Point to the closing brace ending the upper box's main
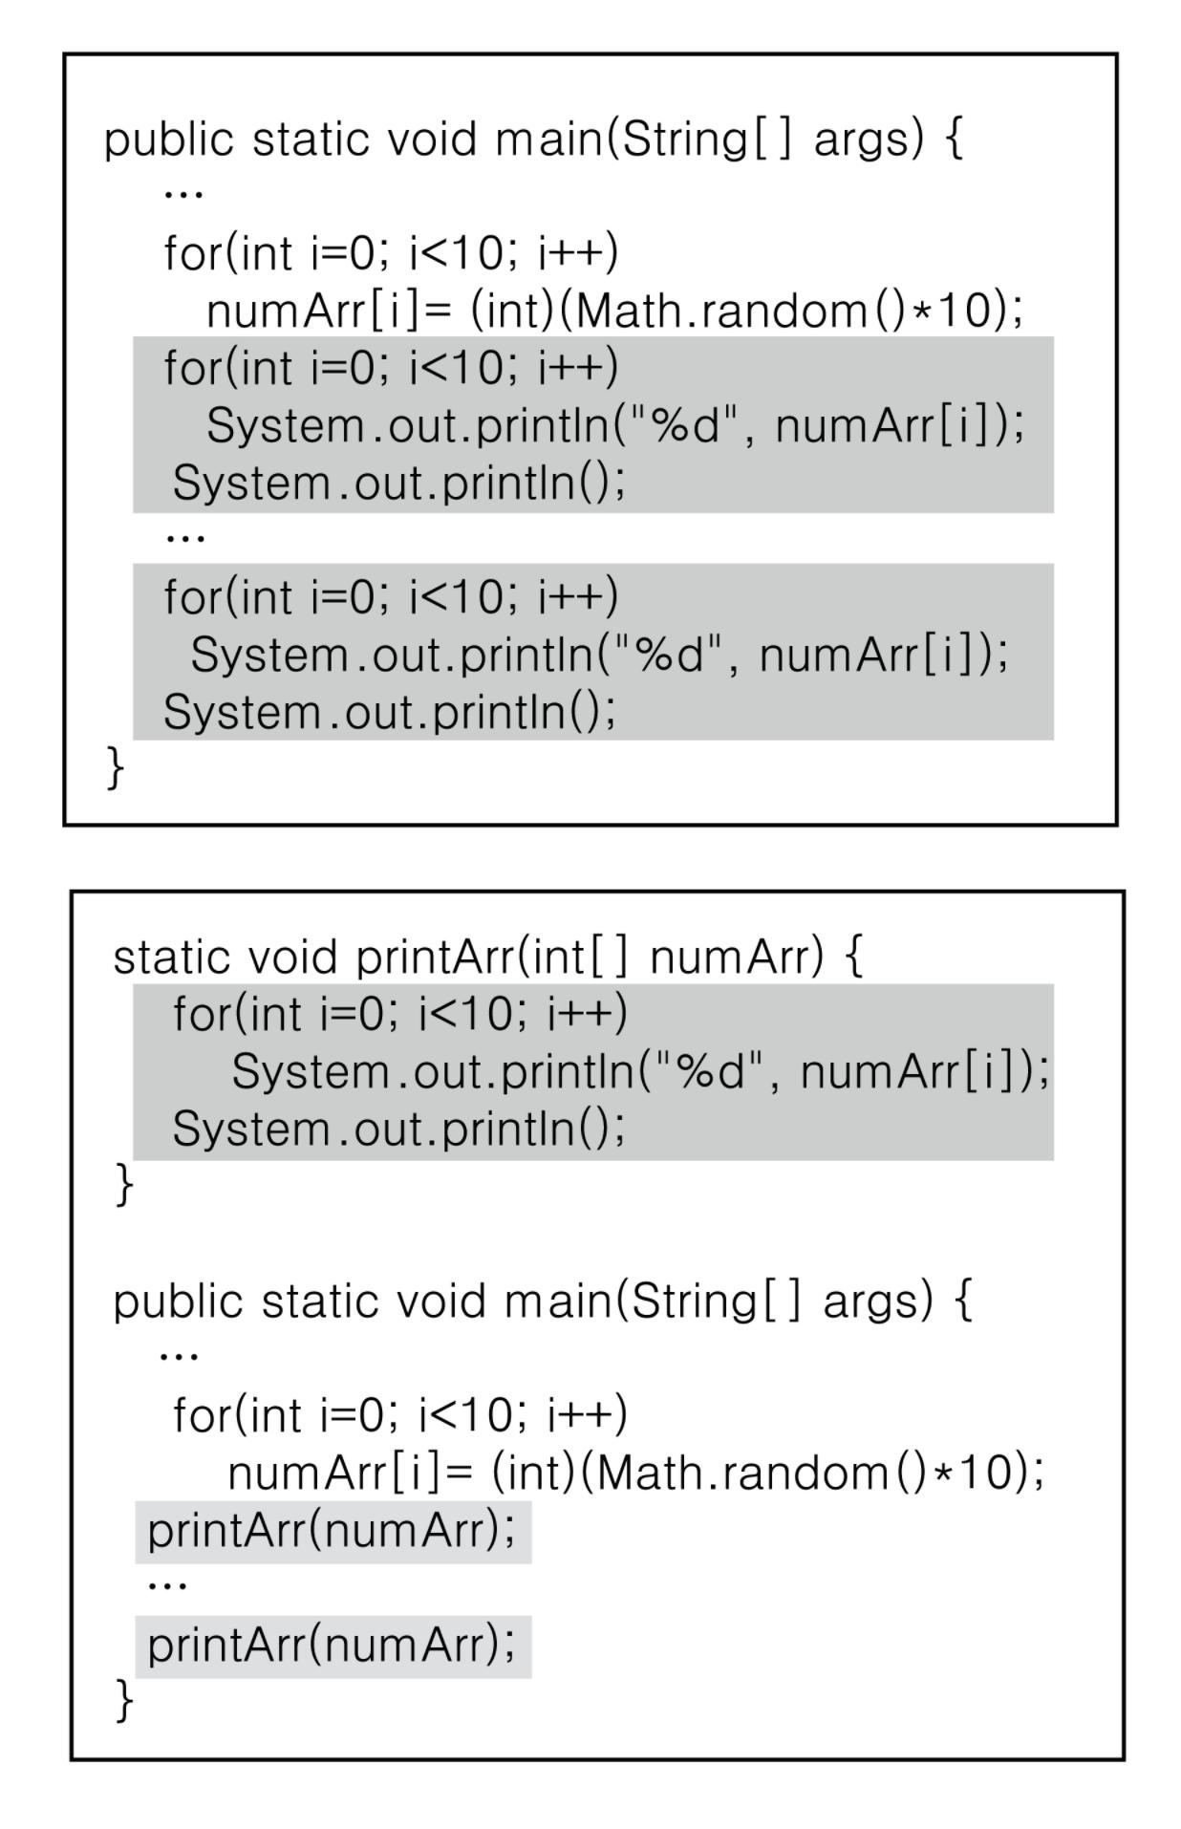click(115, 767)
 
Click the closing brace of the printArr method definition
click(124, 1185)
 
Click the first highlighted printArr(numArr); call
click(331, 1531)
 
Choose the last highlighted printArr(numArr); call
click(331, 1646)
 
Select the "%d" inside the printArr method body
click(707, 1070)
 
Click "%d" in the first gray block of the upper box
click(682, 424)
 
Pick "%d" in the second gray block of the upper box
click(667, 654)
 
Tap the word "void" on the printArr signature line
click(292, 958)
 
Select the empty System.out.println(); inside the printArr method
click(398, 1130)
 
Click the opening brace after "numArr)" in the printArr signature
click(854, 958)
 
